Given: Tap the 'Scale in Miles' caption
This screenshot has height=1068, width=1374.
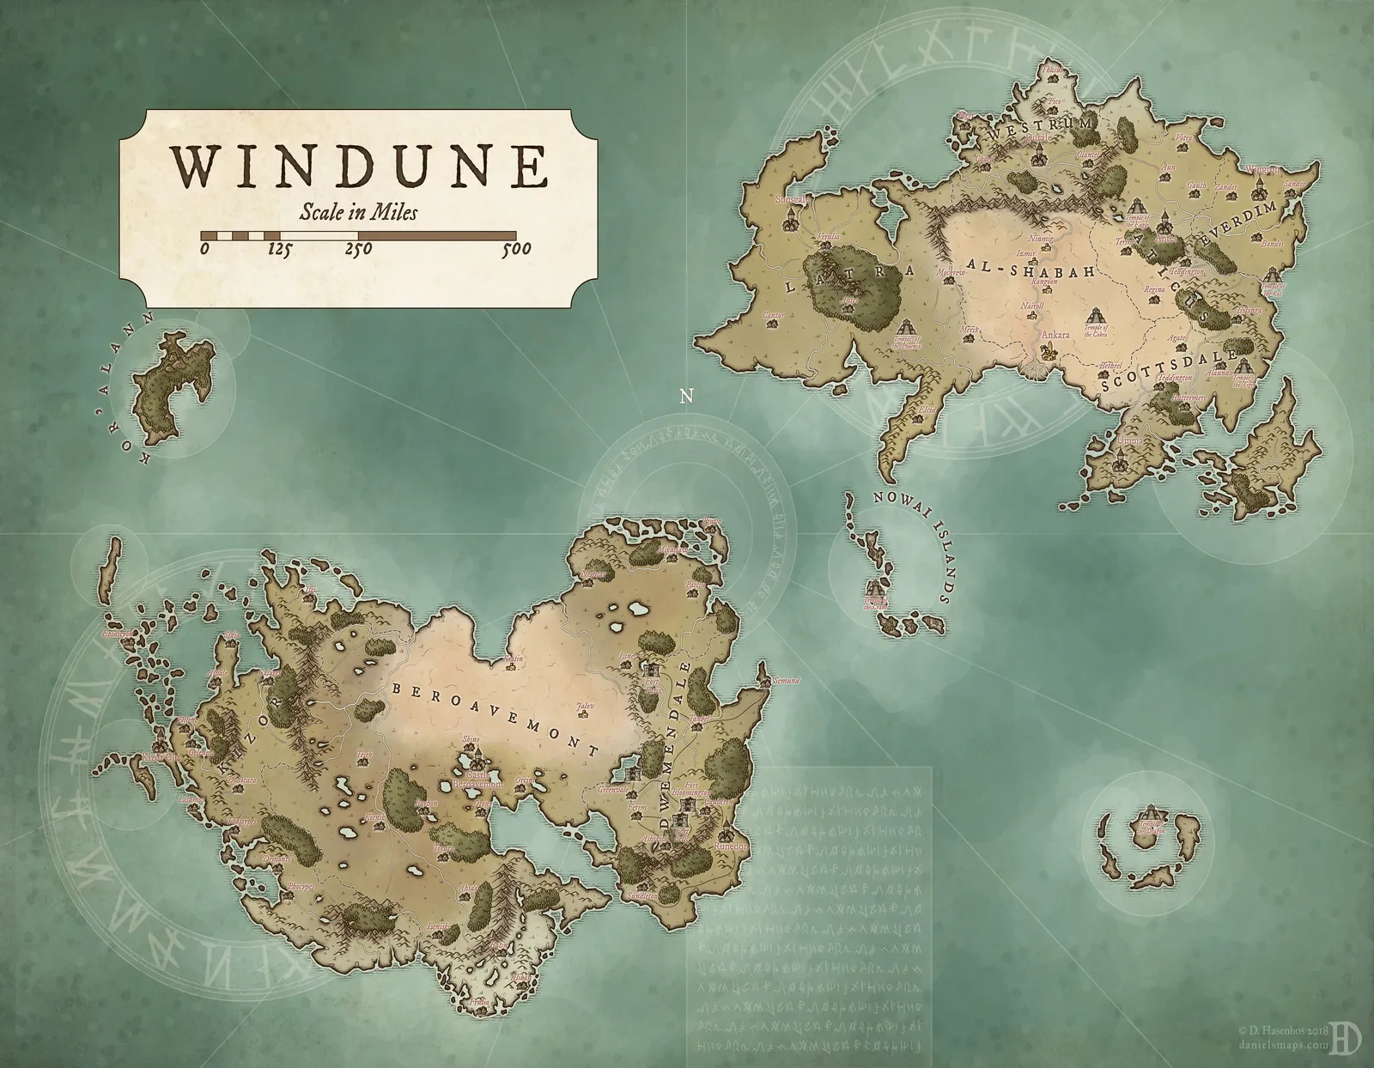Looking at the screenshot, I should point(359,212).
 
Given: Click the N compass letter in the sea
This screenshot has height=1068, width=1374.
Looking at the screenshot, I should point(685,396).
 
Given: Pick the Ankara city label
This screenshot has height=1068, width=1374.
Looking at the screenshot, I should point(1055,336).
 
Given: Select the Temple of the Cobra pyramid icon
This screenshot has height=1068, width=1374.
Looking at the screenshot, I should point(1096,314).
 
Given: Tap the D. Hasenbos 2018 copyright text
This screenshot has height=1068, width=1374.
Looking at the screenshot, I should point(1279,1028).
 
